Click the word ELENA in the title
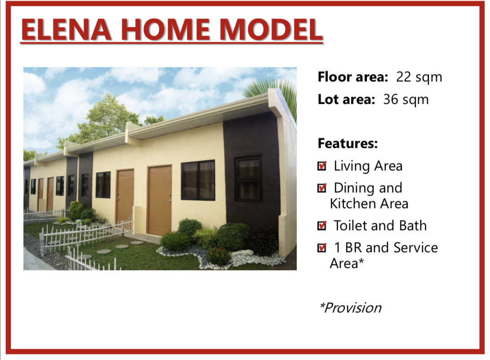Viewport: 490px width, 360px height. [67, 30]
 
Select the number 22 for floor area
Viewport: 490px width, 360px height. [404, 77]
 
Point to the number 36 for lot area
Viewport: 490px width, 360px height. [391, 99]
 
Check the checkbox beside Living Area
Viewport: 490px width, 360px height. [322, 166]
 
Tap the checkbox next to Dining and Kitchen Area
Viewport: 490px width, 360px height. [322, 188]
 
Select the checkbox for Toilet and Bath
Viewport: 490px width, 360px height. [322, 225]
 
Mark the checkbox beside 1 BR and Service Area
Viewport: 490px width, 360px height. [322, 248]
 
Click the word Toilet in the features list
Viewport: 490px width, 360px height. [351, 226]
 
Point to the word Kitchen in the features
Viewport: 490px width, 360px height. [353, 204]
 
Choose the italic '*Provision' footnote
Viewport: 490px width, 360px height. [350, 308]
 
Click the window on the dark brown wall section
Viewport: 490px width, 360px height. [248, 178]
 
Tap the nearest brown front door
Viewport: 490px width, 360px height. [160, 200]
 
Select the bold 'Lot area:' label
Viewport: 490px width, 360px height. [346, 99]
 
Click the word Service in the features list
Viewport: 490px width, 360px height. [416, 248]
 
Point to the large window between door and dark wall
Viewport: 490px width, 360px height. [198, 180]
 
